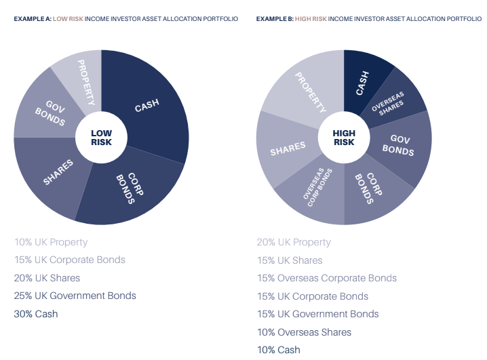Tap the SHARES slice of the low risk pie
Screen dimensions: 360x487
click(58, 173)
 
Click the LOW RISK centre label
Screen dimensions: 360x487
click(101, 138)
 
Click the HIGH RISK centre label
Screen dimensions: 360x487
click(344, 138)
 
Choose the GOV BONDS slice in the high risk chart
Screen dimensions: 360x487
click(400, 145)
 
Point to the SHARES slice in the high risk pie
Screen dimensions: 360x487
click(288, 148)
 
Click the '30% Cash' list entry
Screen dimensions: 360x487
click(36, 314)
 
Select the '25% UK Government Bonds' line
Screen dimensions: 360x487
click(75, 296)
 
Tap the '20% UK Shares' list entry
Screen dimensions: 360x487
click(47, 278)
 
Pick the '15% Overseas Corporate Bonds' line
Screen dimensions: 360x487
click(326, 278)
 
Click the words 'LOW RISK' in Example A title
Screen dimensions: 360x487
click(69, 19)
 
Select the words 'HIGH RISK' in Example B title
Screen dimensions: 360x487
click(311, 19)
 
